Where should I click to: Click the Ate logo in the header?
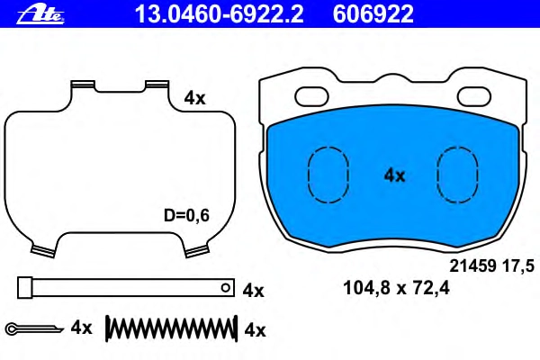point(40,14)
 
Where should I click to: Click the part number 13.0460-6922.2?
point(220,14)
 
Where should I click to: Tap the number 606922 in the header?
point(373,14)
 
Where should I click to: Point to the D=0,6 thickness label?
point(186,216)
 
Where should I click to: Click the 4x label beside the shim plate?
point(194,98)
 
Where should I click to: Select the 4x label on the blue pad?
point(394,175)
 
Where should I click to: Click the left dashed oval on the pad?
point(328,175)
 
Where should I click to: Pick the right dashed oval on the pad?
point(457,175)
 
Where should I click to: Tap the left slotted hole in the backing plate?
point(311,96)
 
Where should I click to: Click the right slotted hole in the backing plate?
point(474,96)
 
